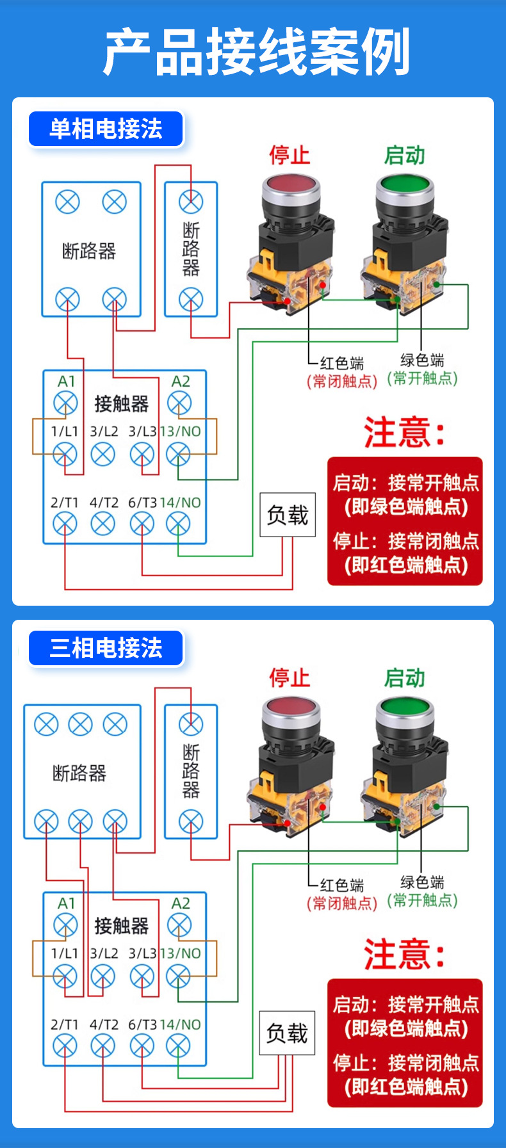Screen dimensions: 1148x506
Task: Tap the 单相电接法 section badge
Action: pos(106,129)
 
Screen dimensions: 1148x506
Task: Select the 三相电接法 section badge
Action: pos(106,648)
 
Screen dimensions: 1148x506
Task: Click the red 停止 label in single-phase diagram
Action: pos(289,155)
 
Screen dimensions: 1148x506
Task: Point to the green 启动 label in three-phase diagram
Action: pos(404,677)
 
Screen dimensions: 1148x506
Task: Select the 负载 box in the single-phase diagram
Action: pos(288,515)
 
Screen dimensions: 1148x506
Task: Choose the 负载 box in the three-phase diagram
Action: pos(287,1033)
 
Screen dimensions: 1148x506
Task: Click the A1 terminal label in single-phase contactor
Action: pos(67,382)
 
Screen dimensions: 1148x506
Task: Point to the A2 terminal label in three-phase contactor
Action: pos(181,903)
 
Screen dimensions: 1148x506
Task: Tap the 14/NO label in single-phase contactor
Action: pos(181,503)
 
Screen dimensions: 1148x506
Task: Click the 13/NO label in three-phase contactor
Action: pos(181,953)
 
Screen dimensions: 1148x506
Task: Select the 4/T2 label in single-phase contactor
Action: pos(104,503)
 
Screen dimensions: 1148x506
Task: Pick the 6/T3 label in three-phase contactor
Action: pos(142,1024)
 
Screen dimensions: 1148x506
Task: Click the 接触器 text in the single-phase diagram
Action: pos(122,403)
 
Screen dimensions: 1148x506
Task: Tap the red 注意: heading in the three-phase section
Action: pos(404,955)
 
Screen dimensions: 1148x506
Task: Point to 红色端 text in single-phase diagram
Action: pos(342,364)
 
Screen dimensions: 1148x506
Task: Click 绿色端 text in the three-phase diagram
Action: pos(422,882)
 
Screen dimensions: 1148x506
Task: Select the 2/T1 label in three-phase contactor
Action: pos(64,1024)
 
